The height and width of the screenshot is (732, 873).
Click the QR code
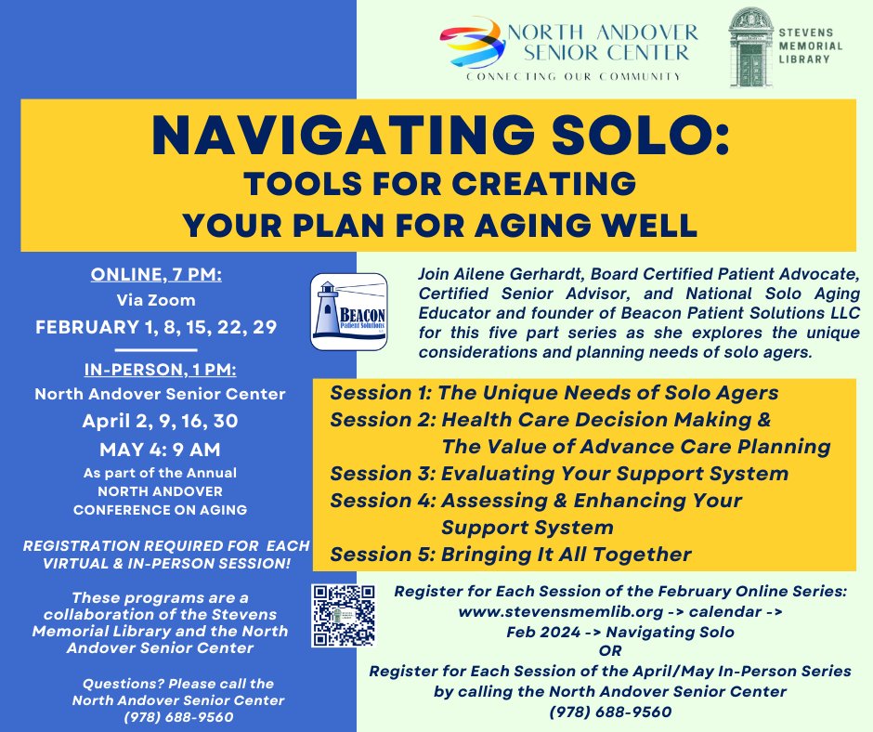pyautogui.click(x=343, y=614)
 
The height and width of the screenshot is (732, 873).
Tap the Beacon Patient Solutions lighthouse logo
pyautogui.click(x=348, y=311)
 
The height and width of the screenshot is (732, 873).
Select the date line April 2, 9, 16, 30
pyautogui.click(x=160, y=421)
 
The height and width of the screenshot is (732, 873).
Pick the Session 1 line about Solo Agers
pyautogui.click(x=554, y=392)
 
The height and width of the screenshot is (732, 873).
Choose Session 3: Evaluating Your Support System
pyautogui.click(x=559, y=474)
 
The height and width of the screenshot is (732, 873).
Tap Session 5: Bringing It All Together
pyautogui.click(x=511, y=555)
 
